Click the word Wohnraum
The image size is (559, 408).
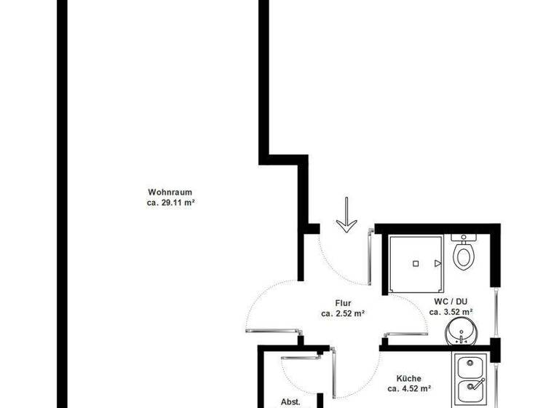pyautogui.click(x=170, y=192)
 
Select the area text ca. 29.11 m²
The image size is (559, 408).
pyautogui.click(x=170, y=203)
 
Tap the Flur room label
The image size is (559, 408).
pyautogui.click(x=343, y=303)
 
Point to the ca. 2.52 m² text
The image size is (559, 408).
pyautogui.click(x=343, y=314)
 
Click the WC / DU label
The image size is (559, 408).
pyautogui.click(x=451, y=301)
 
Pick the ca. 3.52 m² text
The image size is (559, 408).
pyautogui.click(x=451, y=312)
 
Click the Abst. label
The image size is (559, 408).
pyautogui.click(x=290, y=401)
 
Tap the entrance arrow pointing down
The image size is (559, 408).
pyautogui.click(x=346, y=216)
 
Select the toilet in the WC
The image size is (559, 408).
pyautogui.click(x=463, y=256)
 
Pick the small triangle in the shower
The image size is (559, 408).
pyautogui.click(x=437, y=262)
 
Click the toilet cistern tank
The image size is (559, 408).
pyautogui.click(x=463, y=237)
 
